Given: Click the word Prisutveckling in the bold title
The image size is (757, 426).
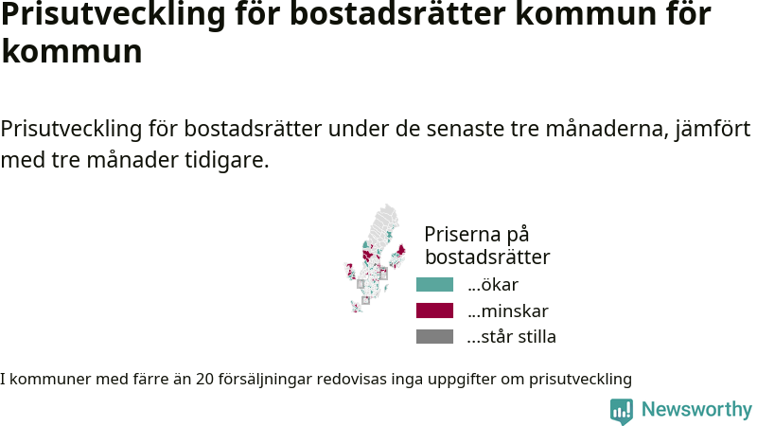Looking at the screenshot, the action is pyautogui.click(x=113, y=13).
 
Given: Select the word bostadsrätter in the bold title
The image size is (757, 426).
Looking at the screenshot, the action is pyautogui.click(x=397, y=13).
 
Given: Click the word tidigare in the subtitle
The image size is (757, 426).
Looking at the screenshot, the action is pyautogui.click(x=226, y=160).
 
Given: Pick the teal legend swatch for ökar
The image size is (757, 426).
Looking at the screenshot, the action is pyautogui.click(x=434, y=285).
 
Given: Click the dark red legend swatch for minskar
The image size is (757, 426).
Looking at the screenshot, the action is pyautogui.click(x=434, y=311).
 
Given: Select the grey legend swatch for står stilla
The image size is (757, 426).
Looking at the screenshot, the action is pyautogui.click(x=434, y=337).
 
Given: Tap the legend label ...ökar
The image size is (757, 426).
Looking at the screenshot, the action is pyautogui.click(x=493, y=285).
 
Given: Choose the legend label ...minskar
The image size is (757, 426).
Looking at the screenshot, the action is pyautogui.click(x=508, y=311).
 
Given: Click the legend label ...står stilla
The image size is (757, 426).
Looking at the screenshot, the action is pyautogui.click(x=512, y=337).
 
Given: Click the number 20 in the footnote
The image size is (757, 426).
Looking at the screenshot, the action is pyautogui.click(x=204, y=379).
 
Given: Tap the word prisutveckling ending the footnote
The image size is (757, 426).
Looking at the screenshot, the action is pyautogui.click(x=580, y=380).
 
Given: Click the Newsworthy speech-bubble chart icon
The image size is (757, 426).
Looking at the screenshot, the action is pyautogui.click(x=622, y=411).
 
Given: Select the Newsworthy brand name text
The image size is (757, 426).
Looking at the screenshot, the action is pyautogui.click(x=696, y=410).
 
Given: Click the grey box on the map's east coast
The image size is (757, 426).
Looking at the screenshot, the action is pyautogui.click(x=383, y=275).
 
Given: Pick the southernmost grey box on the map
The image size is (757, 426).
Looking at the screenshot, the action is pyautogui.click(x=366, y=300).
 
